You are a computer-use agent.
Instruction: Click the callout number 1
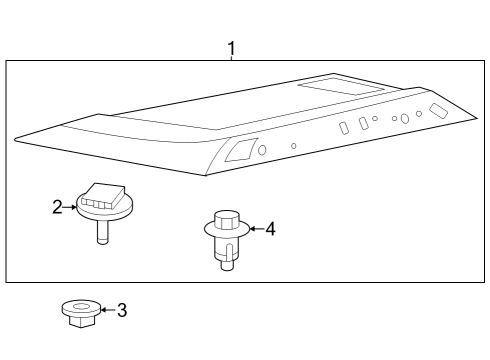[x=232, y=47]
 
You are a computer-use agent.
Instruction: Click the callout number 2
[x=57, y=207]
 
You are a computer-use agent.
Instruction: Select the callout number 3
[x=122, y=310]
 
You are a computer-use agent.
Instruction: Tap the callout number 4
[x=269, y=229]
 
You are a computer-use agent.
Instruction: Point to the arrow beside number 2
[x=71, y=207]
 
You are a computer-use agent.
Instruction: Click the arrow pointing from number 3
[x=105, y=310]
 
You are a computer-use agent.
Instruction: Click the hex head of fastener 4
[x=227, y=217]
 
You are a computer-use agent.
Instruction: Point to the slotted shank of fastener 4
[x=228, y=252]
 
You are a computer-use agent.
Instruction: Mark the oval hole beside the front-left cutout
[x=262, y=149]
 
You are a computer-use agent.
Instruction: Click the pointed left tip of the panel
[x=18, y=139]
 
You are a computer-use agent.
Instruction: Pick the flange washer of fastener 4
[x=228, y=233]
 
